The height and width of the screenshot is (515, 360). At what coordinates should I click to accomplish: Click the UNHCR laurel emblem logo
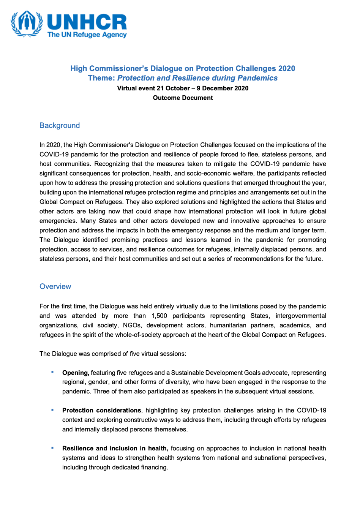(27, 24)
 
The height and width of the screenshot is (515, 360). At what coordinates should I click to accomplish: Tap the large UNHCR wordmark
(87, 22)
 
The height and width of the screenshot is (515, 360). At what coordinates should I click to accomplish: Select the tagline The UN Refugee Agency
(87, 35)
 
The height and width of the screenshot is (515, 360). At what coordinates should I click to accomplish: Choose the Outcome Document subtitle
(183, 98)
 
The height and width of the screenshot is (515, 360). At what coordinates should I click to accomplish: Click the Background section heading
(60, 126)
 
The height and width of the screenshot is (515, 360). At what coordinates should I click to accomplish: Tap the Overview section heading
(55, 287)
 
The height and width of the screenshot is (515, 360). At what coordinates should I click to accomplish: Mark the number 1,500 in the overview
(159, 316)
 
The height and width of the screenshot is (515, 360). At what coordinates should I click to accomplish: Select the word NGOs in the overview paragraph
(132, 325)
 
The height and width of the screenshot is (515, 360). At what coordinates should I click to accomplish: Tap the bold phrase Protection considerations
(101, 411)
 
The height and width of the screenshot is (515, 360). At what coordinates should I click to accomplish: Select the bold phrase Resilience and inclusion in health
(115, 449)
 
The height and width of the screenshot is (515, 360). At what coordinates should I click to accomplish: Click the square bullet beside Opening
(52, 372)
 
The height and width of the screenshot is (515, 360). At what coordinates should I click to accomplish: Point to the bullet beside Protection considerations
(52, 410)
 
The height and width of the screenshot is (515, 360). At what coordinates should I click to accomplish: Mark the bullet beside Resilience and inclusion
(52, 448)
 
